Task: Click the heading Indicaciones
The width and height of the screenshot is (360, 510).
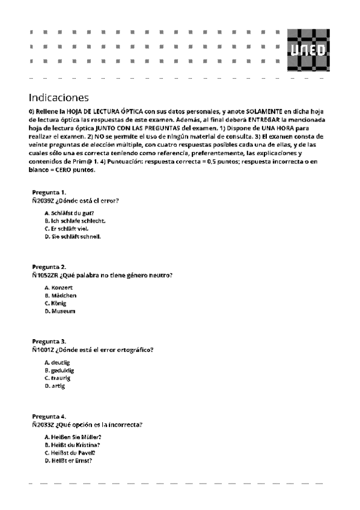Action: (58, 97)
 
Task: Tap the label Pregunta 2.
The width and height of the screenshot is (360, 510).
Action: (49, 266)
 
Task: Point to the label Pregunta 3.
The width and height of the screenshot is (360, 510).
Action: (49, 341)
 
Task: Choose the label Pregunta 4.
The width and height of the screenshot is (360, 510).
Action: (49, 416)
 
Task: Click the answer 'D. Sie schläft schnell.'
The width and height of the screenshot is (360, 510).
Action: (73, 236)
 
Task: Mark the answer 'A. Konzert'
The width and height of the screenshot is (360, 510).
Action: (58, 288)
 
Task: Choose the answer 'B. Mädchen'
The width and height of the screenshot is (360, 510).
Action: (60, 296)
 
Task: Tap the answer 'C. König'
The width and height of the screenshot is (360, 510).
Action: (56, 304)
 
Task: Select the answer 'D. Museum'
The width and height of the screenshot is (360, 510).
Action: (59, 312)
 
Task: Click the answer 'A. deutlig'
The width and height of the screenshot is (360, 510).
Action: (58, 363)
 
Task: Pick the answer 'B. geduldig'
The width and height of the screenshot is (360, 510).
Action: (59, 370)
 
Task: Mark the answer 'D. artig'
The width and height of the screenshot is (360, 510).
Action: (55, 386)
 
